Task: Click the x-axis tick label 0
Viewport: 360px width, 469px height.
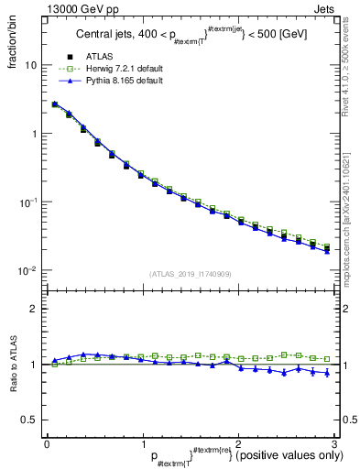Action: tap(47, 443)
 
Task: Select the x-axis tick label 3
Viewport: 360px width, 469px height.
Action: tap(334, 443)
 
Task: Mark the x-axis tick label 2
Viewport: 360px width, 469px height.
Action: tap(238, 443)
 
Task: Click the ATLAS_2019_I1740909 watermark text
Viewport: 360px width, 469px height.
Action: tap(191, 274)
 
